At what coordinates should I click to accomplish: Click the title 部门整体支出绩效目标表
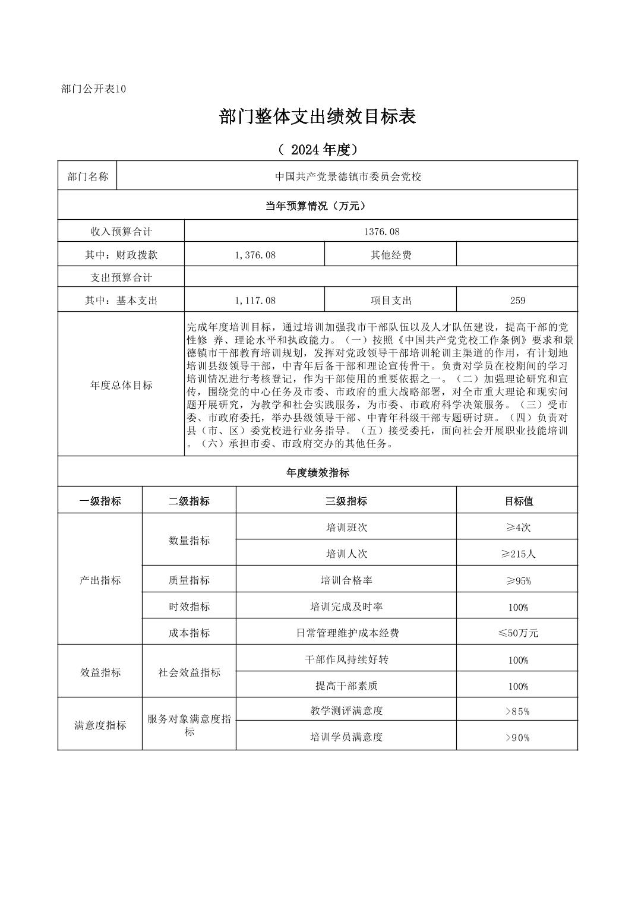[317, 116]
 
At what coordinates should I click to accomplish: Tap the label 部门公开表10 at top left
[93, 89]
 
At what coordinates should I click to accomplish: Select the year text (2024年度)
[317, 150]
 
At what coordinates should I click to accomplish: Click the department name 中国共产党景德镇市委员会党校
[348, 176]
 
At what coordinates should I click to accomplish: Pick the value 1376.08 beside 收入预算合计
[381, 232]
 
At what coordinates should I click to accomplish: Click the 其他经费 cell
[391, 255]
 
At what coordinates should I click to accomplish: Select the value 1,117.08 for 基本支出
[255, 301]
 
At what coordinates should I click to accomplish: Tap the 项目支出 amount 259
[517, 301]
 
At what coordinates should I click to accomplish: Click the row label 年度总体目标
[121, 385]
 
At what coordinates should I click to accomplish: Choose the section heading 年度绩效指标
[317, 473]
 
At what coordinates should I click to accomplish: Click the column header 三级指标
[346, 501]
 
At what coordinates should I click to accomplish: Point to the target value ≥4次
[517, 528]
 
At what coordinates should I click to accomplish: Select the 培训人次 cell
[346, 554]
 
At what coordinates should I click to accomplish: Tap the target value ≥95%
[517, 580]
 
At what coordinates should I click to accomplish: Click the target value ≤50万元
[517, 633]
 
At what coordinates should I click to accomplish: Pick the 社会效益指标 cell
[189, 672]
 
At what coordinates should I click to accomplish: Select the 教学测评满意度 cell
[346, 711]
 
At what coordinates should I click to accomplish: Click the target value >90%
[517, 737]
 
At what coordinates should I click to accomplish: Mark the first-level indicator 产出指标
[100, 580]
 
